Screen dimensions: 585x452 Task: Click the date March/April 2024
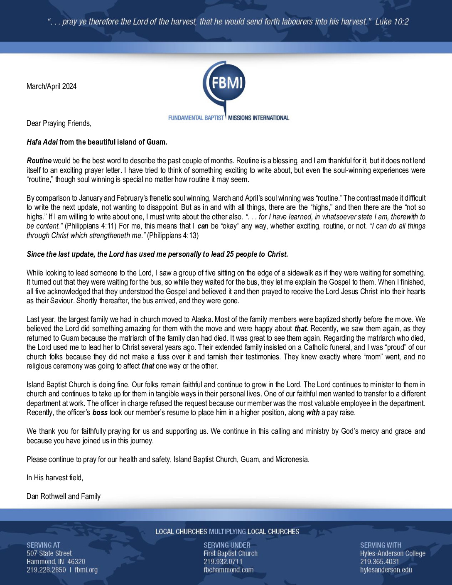pyautogui.click(x=52, y=86)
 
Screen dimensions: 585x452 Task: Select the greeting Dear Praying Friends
pyautogui.click(x=59, y=123)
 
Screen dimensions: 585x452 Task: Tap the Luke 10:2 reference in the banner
pyautogui.click(x=392, y=22)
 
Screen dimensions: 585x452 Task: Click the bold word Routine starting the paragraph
pyautogui.click(x=39, y=161)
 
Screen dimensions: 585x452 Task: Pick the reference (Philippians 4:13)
pyautogui.click(x=173, y=236)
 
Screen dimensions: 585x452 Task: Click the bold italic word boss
pyautogui.click(x=100, y=413)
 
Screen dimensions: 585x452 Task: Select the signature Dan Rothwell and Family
pyautogui.click(x=64, y=497)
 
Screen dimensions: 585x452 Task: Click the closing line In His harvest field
pyautogui.click(x=55, y=478)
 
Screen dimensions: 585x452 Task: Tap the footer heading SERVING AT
pyautogui.click(x=43, y=545)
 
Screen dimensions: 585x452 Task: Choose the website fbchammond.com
pyautogui.click(x=228, y=570)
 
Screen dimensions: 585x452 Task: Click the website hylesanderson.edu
pyautogui.click(x=386, y=570)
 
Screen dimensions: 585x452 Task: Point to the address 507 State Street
pyautogui.click(x=49, y=553)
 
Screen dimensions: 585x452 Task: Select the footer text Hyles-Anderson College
pyautogui.click(x=393, y=553)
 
